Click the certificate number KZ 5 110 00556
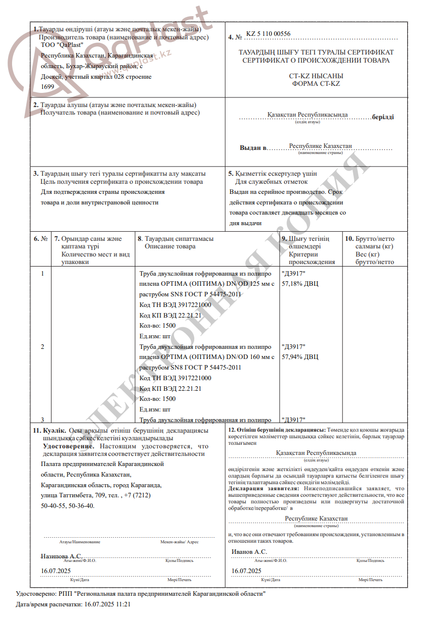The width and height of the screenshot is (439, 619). click(x=268, y=34)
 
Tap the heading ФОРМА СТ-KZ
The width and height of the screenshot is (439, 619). click(x=316, y=84)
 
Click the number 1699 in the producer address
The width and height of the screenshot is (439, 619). click(x=47, y=86)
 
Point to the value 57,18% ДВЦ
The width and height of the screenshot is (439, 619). click(x=300, y=283)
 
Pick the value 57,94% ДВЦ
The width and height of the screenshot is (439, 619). click(x=300, y=357)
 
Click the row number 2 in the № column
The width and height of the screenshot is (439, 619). click(x=42, y=347)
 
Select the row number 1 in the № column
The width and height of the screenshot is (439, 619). click(x=42, y=273)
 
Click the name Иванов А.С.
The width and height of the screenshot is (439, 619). click(x=249, y=552)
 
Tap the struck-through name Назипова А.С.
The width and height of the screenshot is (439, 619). click(x=61, y=556)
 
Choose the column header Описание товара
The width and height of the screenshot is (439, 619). click(x=170, y=246)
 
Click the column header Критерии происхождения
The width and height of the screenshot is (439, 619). click(x=311, y=258)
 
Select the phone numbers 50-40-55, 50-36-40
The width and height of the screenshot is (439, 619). click(x=68, y=505)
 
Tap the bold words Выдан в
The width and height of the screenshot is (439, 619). click(x=253, y=148)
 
